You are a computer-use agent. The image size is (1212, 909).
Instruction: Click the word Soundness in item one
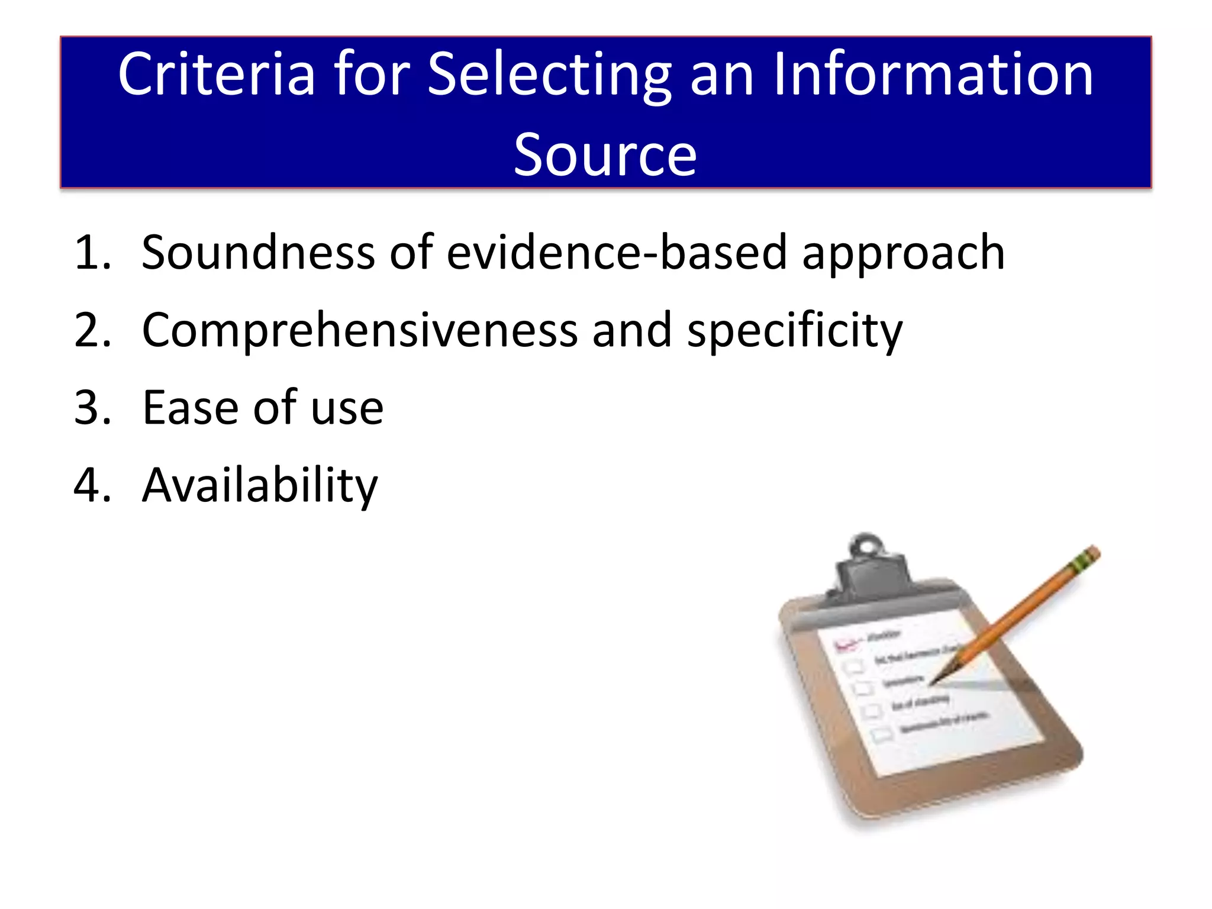(x=258, y=253)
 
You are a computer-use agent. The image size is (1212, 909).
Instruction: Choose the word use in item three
(x=347, y=409)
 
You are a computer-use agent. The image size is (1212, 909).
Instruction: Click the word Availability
(x=260, y=486)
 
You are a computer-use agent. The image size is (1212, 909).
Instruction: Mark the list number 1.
(x=92, y=253)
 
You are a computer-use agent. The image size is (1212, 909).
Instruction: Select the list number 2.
(x=92, y=330)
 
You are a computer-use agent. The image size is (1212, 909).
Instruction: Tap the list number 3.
(x=92, y=408)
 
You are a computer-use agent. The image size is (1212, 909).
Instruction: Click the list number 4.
(x=92, y=485)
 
